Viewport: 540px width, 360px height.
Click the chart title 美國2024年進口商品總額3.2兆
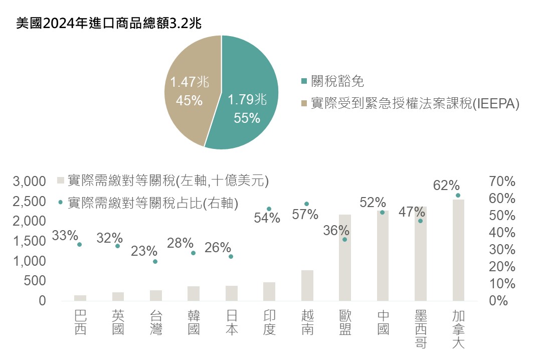click(108, 24)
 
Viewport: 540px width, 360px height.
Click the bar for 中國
click(383, 256)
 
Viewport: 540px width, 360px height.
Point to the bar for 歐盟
click(344, 258)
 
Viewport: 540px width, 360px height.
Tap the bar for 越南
click(307, 285)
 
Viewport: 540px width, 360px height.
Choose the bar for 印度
click(269, 291)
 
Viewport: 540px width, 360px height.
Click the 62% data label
click(446, 185)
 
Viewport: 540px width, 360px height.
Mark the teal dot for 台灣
click(155, 261)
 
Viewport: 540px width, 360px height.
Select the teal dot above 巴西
click(79, 244)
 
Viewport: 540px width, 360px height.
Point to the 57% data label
click(305, 215)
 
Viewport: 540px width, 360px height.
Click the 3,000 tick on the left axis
click(32, 181)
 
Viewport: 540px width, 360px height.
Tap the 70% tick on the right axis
click(502, 181)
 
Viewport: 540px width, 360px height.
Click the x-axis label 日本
click(232, 322)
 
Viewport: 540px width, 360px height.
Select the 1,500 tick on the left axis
click(32, 241)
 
